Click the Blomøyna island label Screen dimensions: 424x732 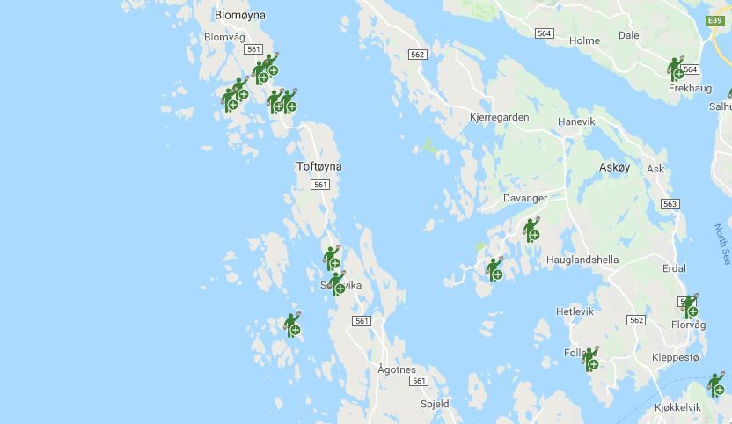click(x=240, y=16)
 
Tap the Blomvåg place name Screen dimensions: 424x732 click(x=224, y=37)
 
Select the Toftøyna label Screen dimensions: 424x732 click(x=318, y=166)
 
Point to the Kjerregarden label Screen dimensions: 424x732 click(x=499, y=117)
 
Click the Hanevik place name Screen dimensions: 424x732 click(x=576, y=121)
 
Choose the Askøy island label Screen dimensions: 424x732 click(x=614, y=167)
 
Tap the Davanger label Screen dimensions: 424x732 click(x=524, y=199)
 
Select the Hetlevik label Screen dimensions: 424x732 click(x=575, y=311)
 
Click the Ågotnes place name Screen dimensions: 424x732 click(x=396, y=369)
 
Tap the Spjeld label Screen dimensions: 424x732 click(x=435, y=404)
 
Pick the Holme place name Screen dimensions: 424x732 click(x=584, y=40)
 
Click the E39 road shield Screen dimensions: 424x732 click(x=714, y=19)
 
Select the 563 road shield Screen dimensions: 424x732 click(x=670, y=204)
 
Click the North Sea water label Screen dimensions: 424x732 click(x=722, y=245)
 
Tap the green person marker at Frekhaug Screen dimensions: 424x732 click(x=676, y=69)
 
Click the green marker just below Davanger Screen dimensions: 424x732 click(x=531, y=230)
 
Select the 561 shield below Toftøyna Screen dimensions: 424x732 click(x=319, y=185)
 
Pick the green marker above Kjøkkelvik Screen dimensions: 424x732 click(x=717, y=384)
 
